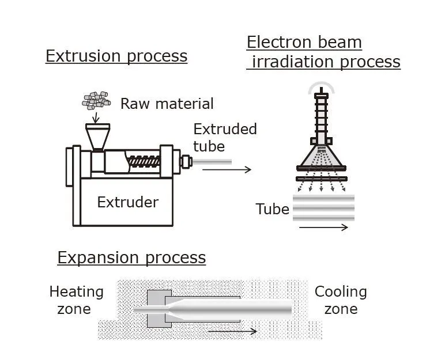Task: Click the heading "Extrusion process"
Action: pyautogui.click(x=116, y=56)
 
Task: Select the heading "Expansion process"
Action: pyautogui.click(x=131, y=257)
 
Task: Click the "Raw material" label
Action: pyautogui.click(x=167, y=104)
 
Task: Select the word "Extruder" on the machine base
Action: pyautogui.click(x=127, y=202)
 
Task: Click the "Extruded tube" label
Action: pyautogui.click(x=225, y=137)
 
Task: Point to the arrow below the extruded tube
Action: pyautogui.click(x=231, y=169)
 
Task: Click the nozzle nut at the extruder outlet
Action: pyautogui.click(x=186, y=161)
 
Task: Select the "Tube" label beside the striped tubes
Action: pyautogui.click(x=272, y=209)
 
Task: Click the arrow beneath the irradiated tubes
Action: pyautogui.click(x=323, y=227)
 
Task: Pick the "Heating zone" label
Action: pyautogui.click(x=76, y=300)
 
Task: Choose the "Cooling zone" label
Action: pyautogui.click(x=341, y=300)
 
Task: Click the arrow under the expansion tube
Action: pyautogui.click(x=233, y=331)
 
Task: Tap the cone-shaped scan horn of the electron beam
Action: pyautogui.click(x=321, y=155)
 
